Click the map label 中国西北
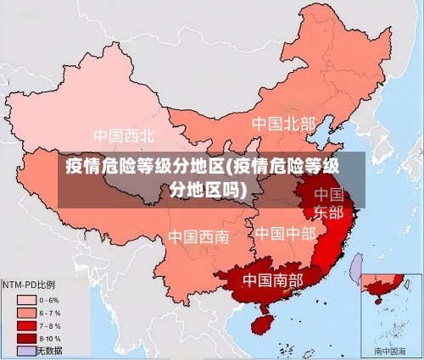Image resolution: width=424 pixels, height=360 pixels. pyautogui.click(x=124, y=135)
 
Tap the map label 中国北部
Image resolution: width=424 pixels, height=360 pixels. pyautogui.click(x=282, y=124)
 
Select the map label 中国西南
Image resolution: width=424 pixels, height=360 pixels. pyautogui.click(x=198, y=236)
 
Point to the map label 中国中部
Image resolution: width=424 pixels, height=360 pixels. pyautogui.click(x=285, y=232)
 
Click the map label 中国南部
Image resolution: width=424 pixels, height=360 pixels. pyautogui.click(x=272, y=279)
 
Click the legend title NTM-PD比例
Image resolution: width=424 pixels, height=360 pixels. pyautogui.click(x=29, y=285)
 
